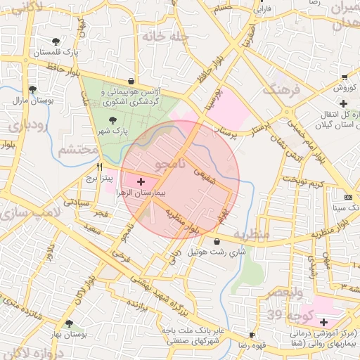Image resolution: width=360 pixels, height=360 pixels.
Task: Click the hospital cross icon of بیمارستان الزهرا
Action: (x=141, y=181)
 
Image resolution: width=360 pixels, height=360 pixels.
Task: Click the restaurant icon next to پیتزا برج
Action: (x=99, y=167)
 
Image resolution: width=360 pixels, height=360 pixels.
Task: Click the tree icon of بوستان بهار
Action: (x=68, y=324)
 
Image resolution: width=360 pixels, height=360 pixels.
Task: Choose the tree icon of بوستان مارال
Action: (x=32, y=89)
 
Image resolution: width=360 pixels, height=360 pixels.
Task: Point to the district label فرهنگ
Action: (x=281, y=89)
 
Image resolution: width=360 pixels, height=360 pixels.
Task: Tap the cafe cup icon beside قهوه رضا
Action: (x=252, y=335)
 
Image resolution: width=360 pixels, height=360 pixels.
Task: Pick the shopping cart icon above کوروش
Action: (x=344, y=77)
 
